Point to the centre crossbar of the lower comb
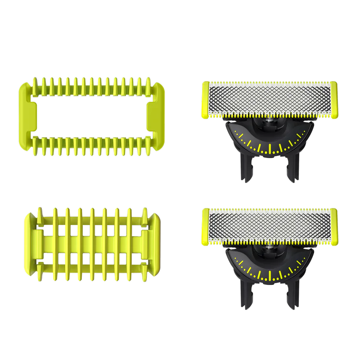92,239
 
